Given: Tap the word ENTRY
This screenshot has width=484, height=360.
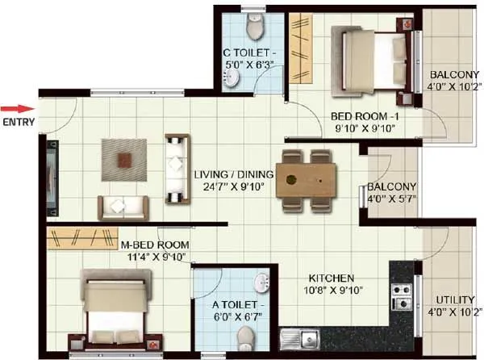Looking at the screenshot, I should coord(18,123).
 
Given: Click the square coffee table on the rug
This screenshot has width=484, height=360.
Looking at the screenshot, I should coord(123,158).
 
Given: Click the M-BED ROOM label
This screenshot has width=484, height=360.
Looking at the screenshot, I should coord(154,245).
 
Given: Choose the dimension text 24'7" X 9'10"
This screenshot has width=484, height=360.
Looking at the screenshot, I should coord(234,188).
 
